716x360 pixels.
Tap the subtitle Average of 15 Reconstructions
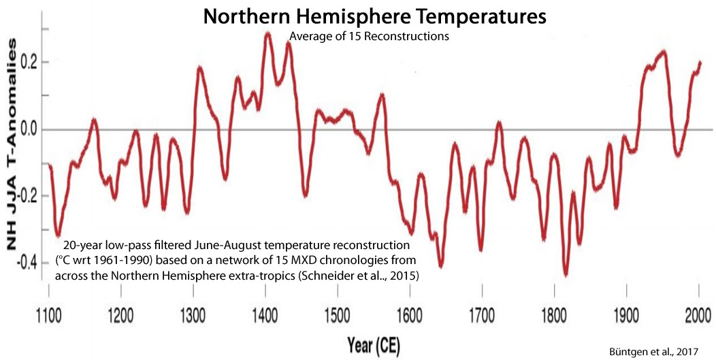coord(370,37)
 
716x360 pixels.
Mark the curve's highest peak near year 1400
coord(267,33)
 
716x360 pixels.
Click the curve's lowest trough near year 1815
coord(566,274)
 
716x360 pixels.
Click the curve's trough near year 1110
coord(59,234)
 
